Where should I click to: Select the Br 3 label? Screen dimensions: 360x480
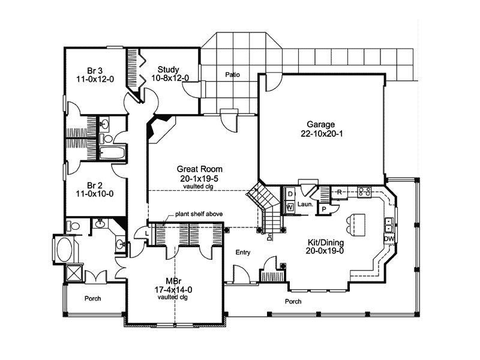pyautogui.click(x=87, y=69)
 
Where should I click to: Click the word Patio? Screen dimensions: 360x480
pyautogui.click(x=233, y=75)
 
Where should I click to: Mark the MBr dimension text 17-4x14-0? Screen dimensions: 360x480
pyautogui.click(x=174, y=290)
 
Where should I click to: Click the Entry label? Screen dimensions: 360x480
pyautogui.click(x=242, y=252)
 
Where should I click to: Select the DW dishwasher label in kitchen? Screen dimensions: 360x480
pyautogui.click(x=388, y=238)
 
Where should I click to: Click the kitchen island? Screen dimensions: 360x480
pyautogui.click(x=353, y=223)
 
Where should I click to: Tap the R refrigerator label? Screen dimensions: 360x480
pyautogui.click(x=339, y=191)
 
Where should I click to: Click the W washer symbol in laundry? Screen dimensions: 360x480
pyautogui.click(x=289, y=207)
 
